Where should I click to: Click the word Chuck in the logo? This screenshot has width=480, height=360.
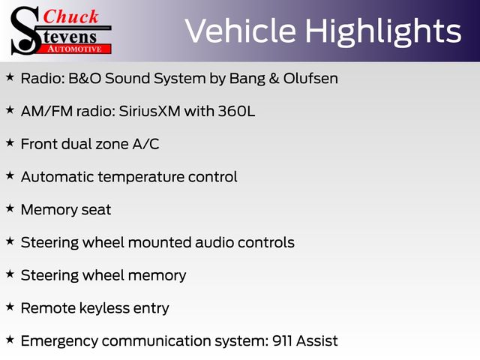click(x=70, y=16)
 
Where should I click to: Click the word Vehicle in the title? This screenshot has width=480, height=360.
click(x=240, y=31)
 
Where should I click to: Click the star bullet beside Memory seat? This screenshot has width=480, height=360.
click(x=10, y=208)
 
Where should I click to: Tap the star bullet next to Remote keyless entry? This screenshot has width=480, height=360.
click(x=10, y=307)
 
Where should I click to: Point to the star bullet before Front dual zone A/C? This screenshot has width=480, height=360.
click(x=10, y=142)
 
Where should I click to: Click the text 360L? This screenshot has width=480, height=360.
click(x=236, y=111)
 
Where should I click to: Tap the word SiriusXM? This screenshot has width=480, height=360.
click(x=149, y=111)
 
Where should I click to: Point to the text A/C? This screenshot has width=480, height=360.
click(x=145, y=144)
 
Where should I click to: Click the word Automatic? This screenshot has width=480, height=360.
click(x=57, y=177)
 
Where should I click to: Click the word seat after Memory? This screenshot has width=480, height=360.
click(x=95, y=210)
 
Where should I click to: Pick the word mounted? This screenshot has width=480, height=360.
click(x=160, y=242)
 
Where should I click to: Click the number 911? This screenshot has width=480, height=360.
click(x=282, y=340)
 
